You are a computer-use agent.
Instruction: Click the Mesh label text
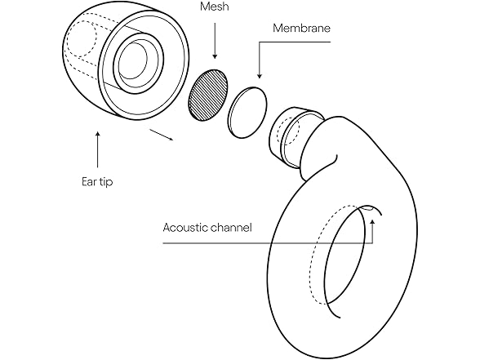(215, 7)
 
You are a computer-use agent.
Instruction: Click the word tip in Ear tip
(104, 181)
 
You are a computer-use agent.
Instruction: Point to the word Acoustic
(186, 228)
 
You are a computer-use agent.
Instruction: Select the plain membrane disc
(247, 111)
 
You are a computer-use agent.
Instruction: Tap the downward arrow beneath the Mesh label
(215, 41)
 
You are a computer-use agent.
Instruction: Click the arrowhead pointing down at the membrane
(258, 76)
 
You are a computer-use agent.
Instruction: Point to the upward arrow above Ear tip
(98, 147)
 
